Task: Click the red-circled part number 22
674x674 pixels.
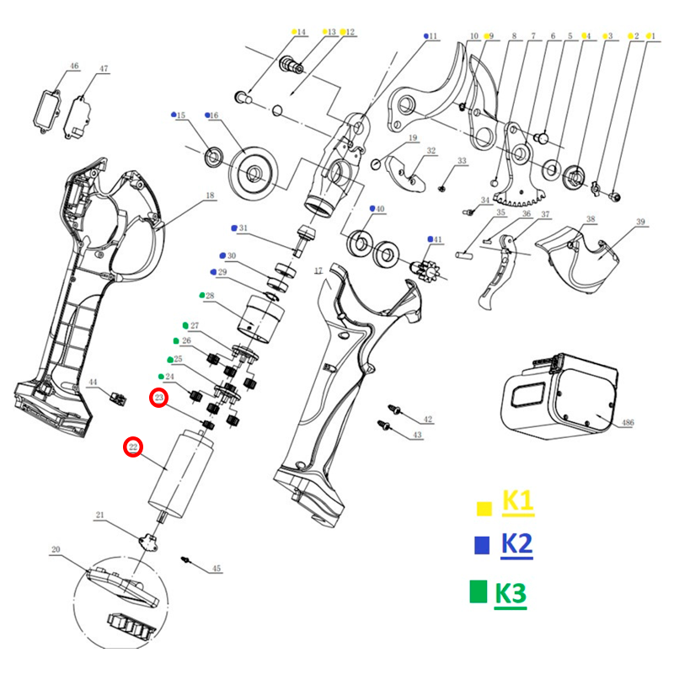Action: coord(132,447)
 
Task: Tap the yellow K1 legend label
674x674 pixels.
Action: coord(517,501)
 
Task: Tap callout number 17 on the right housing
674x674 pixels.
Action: coord(318,270)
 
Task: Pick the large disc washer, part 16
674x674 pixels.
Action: coord(252,174)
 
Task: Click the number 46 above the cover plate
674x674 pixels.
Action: coord(73,66)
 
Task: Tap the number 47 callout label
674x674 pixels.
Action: coord(104,69)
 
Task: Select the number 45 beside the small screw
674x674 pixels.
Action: coord(216,569)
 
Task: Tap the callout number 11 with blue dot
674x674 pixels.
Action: coord(433,36)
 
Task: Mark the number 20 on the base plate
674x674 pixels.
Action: coord(56,550)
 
